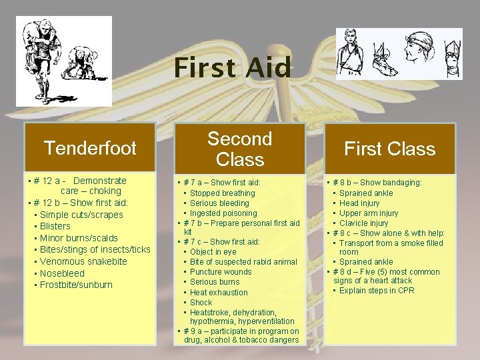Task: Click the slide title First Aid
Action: tap(233, 68)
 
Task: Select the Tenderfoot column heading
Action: tap(90, 148)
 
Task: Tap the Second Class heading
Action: tap(240, 149)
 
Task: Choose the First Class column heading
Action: tap(389, 149)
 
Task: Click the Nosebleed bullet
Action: tap(63, 273)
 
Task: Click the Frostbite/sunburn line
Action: tap(76, 285)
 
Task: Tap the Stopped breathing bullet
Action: tap(222, 193)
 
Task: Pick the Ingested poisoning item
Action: tap(223, 213)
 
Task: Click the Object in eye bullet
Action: tap(213, 252)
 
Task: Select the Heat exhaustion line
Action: tap(219, 292)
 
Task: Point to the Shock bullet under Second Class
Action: tap(201, 302)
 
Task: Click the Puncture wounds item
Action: tap(221, 272)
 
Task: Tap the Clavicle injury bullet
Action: tap(363, 223)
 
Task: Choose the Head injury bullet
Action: tap(359, 203)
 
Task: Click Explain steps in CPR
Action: tap(377, 290)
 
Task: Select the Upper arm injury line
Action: tap(369, 213)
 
